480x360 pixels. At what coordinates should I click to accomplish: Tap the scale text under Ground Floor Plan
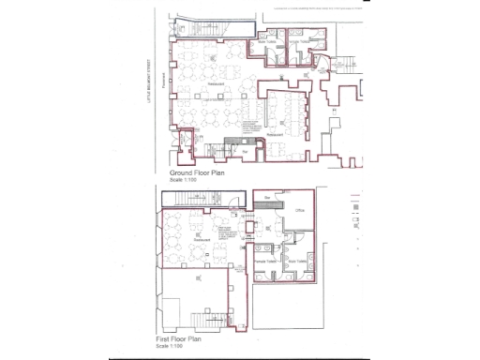point(183,180)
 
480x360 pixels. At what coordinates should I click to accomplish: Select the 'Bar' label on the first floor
point(266,199)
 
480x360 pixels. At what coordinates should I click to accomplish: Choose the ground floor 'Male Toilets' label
point(268,42)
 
